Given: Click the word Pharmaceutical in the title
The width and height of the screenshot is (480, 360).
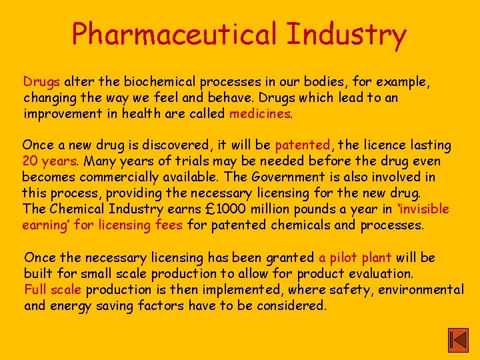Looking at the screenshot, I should [175, 35].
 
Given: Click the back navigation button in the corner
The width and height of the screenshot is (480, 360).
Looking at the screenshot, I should [457, 341].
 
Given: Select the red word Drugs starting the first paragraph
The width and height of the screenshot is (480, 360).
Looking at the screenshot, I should [42, 82].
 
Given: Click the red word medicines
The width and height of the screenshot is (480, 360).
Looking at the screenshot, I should [260, 113].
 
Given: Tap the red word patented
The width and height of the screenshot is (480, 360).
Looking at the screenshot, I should [303, 145].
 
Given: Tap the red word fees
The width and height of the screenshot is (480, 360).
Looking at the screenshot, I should [169, 225].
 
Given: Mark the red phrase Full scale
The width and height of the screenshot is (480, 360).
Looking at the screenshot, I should [53, 289].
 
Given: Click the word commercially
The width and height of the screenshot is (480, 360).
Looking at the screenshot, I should [127, 177].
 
